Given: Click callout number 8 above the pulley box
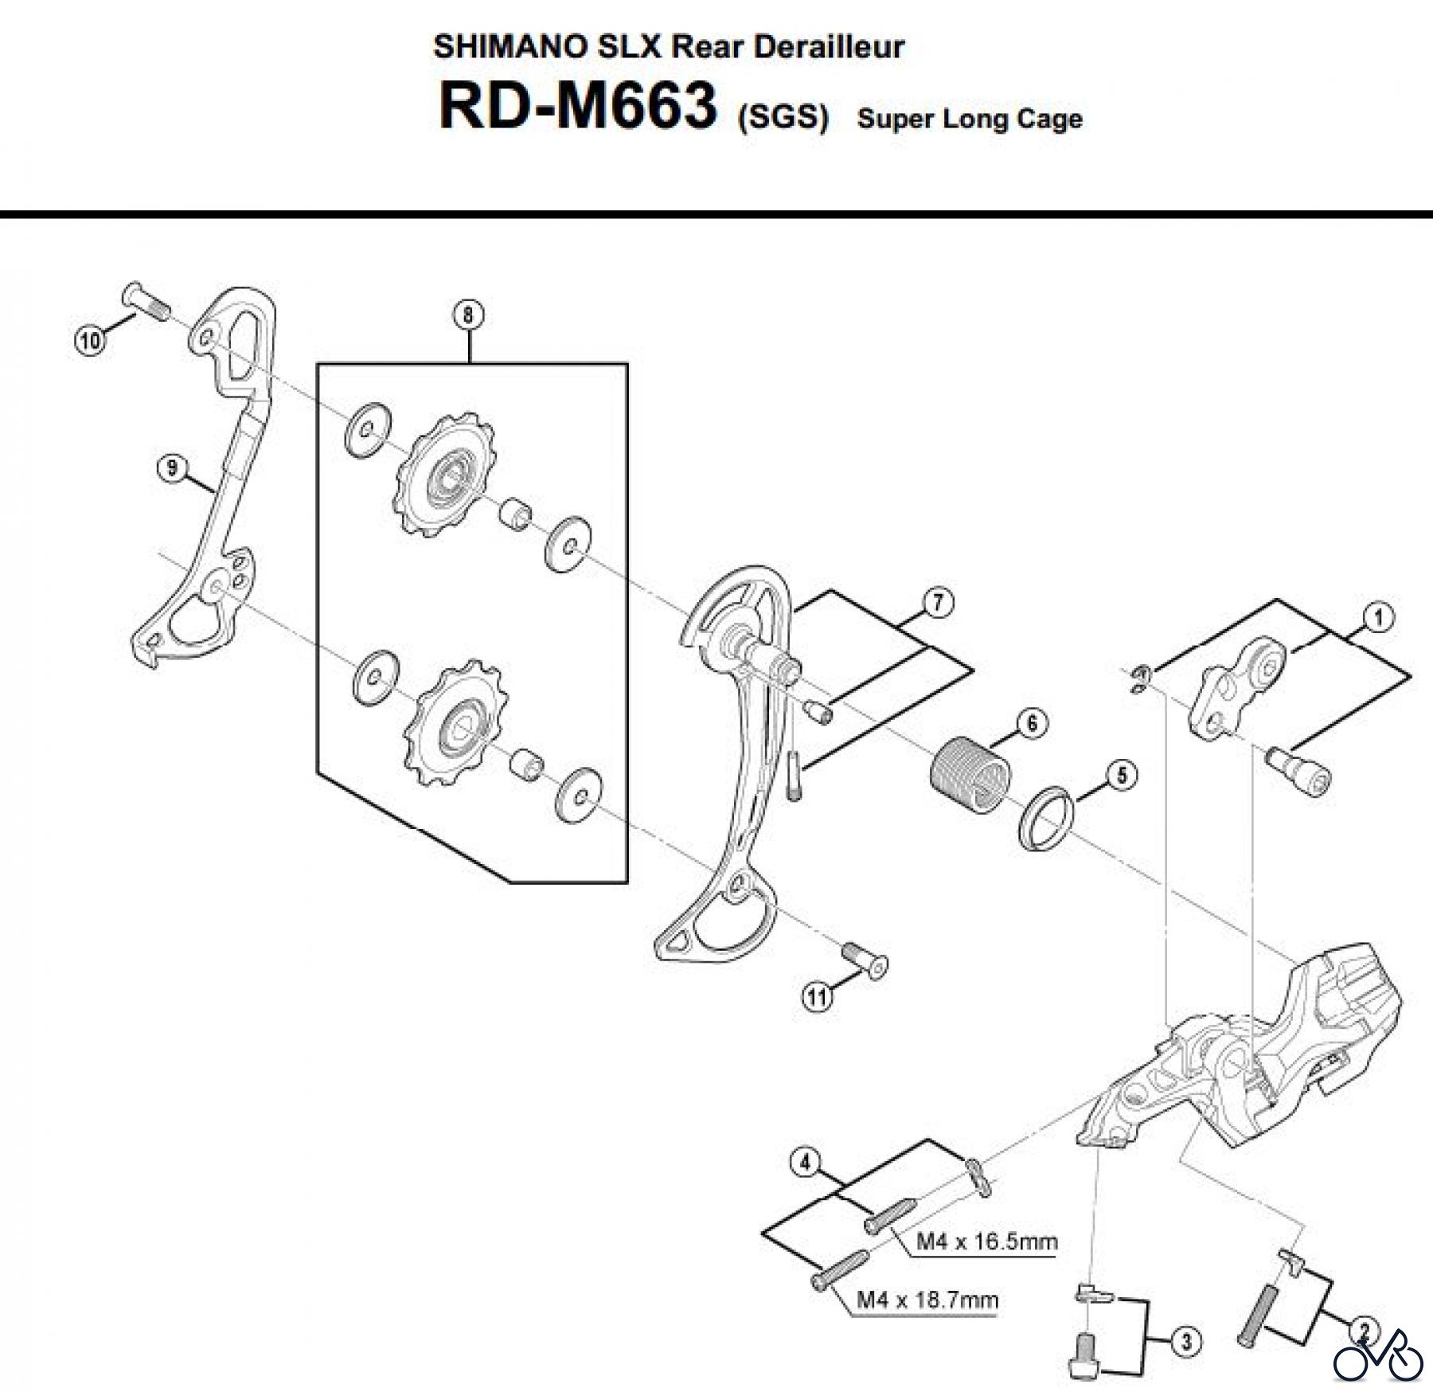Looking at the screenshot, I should pos(467,315).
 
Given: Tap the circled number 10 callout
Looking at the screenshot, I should pos(91,342).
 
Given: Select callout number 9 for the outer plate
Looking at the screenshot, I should pos(172,468).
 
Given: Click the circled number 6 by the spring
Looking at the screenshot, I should pos(1032,723).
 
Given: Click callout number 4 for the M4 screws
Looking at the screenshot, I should pos(805,1163).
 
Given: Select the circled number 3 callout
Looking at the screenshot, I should pos(1186,1342).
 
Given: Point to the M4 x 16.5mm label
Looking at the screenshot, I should pos(987,1241).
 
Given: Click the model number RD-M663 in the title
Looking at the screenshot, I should pos(577,108).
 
